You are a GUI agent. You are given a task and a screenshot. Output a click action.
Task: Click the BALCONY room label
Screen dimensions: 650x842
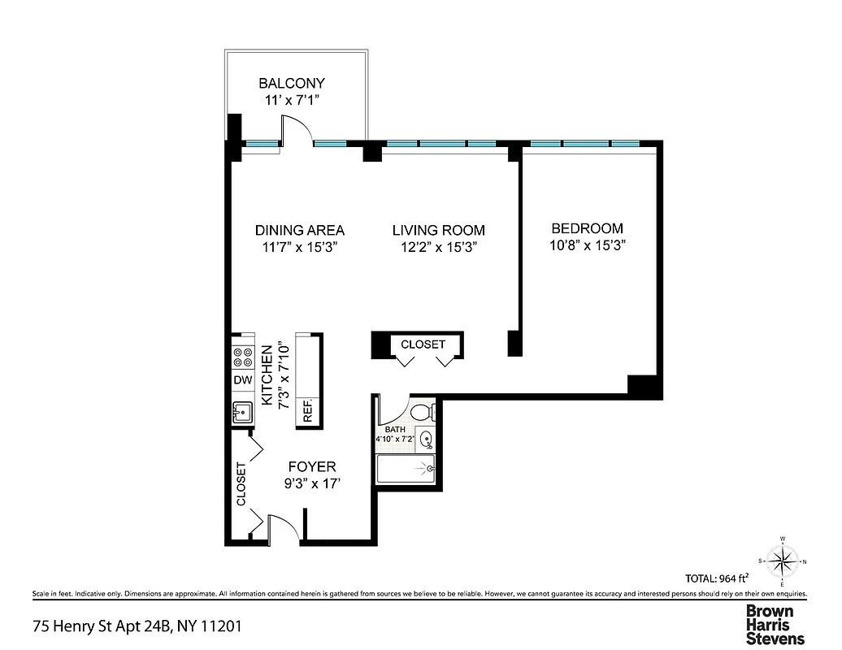291,83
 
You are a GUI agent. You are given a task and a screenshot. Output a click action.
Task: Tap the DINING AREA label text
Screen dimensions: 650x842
299,230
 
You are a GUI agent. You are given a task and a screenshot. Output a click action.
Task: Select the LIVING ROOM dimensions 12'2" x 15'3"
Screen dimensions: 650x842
438,248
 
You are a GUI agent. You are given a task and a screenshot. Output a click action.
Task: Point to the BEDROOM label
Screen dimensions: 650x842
587,228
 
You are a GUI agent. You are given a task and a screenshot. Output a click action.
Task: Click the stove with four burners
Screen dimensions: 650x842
243,358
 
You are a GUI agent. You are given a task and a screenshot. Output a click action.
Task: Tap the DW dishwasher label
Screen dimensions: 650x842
242,380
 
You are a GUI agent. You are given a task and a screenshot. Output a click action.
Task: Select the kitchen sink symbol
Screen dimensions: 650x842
242,413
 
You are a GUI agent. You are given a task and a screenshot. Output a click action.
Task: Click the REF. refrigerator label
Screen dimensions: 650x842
309,411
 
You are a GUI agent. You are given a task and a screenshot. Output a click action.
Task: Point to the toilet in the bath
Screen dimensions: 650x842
421,412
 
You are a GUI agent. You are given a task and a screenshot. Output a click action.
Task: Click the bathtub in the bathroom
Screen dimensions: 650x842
406,470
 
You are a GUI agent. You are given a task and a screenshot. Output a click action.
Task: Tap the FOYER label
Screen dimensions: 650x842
313,466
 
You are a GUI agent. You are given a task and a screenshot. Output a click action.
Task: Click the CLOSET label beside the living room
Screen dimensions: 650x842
423,344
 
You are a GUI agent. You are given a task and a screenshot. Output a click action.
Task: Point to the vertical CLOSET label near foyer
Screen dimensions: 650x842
241,484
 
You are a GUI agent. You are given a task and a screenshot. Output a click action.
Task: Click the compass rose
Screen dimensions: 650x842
782,561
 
